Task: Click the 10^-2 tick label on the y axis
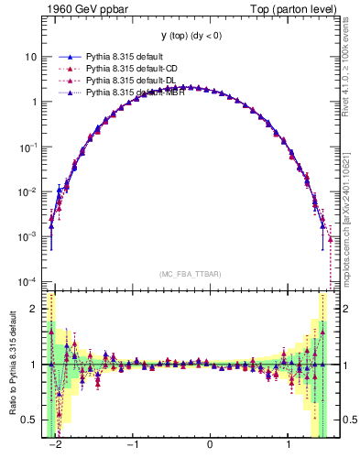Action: [28, 192]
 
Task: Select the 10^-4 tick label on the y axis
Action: [28, 282]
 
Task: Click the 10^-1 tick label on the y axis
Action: [28, 147]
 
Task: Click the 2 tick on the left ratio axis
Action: [34, 310]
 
